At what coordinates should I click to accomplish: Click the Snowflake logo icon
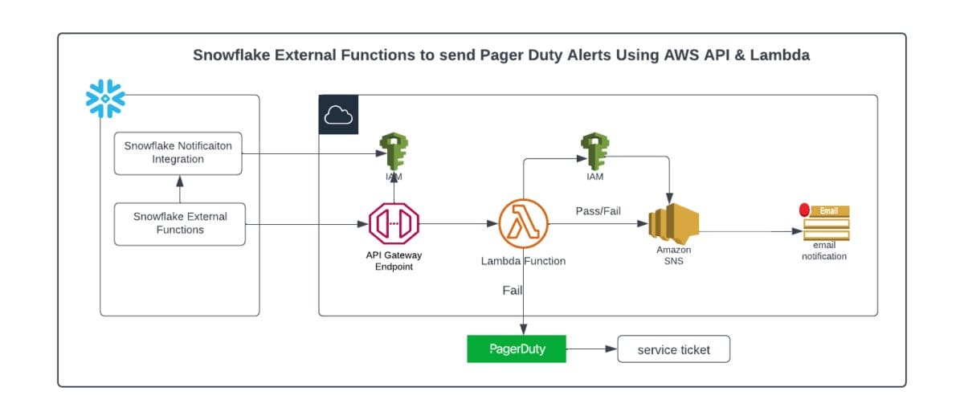coord(106,98)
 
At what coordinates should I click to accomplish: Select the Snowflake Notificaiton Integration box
coord(178,153)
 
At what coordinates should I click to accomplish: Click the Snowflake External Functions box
coord(180,223)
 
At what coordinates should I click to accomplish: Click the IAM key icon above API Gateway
coord(394,150)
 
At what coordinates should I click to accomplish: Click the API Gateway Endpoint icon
coord(394,223)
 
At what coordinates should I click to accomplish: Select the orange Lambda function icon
coord(523,223)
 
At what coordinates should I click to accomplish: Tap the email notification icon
coord(825,223)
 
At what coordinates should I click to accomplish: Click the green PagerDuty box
coord(517,349)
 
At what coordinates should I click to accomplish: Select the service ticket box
coord(673,349)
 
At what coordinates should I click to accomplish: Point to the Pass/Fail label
coord(598,210)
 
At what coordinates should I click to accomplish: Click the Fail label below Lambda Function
coord(513,291)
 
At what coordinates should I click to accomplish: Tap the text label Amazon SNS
coord(673,255)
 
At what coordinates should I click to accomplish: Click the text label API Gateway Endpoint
coord(394,261)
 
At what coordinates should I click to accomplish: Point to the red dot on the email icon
coord(805,210)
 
